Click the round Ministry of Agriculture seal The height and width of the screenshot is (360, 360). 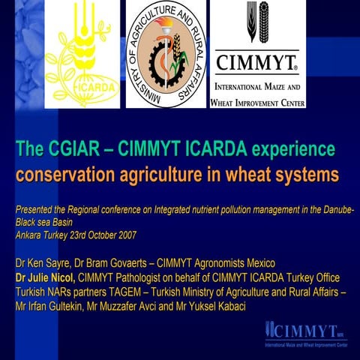click(166, 54)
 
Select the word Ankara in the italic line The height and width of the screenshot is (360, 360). click(31, 235)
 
